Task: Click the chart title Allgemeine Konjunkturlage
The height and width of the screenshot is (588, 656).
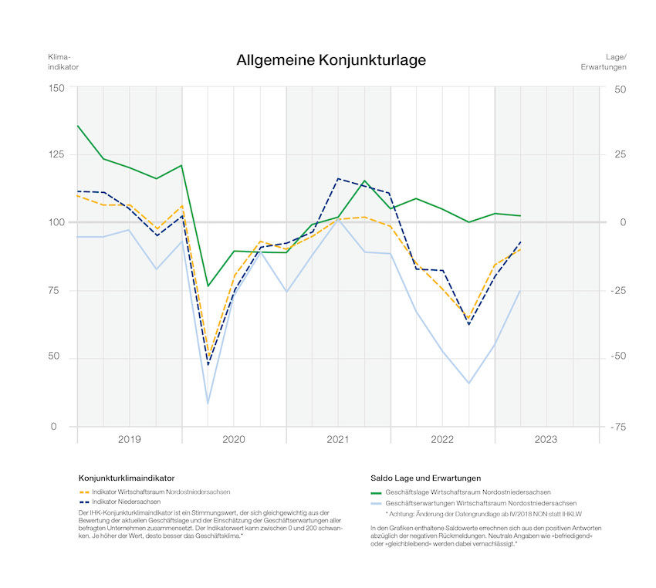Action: [331, 60]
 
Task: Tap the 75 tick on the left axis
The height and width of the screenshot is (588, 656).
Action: [59, 291]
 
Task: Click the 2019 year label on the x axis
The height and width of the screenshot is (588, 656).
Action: [129, 439]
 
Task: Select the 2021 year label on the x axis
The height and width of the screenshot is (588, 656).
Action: [338, 439]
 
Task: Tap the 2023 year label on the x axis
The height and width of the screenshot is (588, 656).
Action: [546, 439]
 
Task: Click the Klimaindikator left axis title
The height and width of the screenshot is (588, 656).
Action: [63, 62]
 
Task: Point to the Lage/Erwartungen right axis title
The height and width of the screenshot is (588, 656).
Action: [604, 62]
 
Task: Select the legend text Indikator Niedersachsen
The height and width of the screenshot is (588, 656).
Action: [126, 502]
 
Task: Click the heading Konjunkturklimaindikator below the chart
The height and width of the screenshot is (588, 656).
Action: [127, 478]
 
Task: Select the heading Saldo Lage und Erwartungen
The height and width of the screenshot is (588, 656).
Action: [421, 478]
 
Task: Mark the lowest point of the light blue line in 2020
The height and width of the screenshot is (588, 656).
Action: [208, 403]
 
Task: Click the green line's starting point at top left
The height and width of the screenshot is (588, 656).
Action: [78, 125]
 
